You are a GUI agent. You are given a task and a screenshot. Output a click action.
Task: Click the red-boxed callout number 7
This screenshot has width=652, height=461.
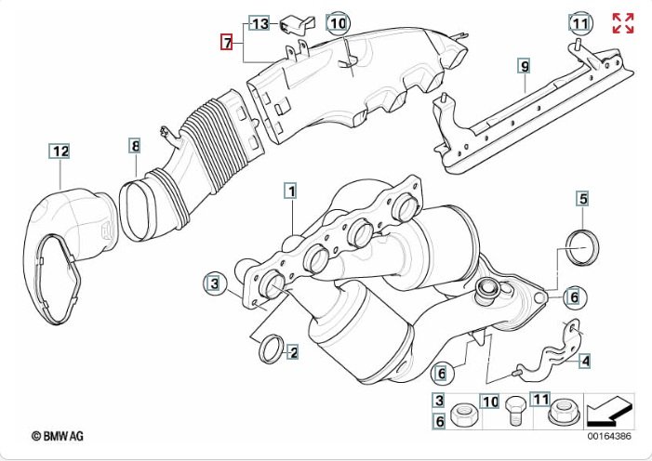[x=227, y=42]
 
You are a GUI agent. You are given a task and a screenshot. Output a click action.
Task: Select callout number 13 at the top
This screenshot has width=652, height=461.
[x=259, y=23]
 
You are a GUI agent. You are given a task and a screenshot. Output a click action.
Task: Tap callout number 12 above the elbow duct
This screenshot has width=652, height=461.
[x=60, y=151]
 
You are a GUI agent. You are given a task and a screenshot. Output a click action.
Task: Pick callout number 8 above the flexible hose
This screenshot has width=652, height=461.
[x=135, y=146]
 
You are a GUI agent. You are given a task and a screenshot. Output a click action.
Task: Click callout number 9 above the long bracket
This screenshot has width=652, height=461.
[x=525, y=66]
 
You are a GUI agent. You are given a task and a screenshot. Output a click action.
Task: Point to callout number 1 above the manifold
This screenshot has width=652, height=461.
[x=291, y=191]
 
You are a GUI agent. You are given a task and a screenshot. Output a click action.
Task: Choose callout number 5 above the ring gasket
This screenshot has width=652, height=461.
[x=583, y=199]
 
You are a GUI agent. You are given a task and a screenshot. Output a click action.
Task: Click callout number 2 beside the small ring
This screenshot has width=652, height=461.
[x=294, y=353]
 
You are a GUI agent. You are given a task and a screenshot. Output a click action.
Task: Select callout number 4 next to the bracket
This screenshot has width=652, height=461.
[x=585, y=361]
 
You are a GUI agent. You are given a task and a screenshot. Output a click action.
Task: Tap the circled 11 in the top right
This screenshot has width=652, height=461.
[x=580, y=23]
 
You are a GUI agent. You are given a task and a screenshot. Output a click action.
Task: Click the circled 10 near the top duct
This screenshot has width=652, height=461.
[x=338, y=23]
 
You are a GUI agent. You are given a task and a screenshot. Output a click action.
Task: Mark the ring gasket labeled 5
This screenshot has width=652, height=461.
[x=583, y=247]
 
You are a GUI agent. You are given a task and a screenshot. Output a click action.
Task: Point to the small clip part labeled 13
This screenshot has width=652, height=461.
[x=297, y=25]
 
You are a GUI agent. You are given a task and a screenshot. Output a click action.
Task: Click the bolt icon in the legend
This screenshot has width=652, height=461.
[x=514, y=411]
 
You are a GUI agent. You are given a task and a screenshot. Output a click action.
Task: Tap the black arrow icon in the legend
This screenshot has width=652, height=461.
[x=610, y=411]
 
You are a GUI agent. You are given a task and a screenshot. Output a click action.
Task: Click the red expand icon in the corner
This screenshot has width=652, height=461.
[x=623, y=23]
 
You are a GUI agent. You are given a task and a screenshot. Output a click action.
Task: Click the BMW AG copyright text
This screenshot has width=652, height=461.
[x=58, y=436]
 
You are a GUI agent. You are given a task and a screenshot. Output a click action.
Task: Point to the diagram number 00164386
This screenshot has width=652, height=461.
[x=609, y=436]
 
